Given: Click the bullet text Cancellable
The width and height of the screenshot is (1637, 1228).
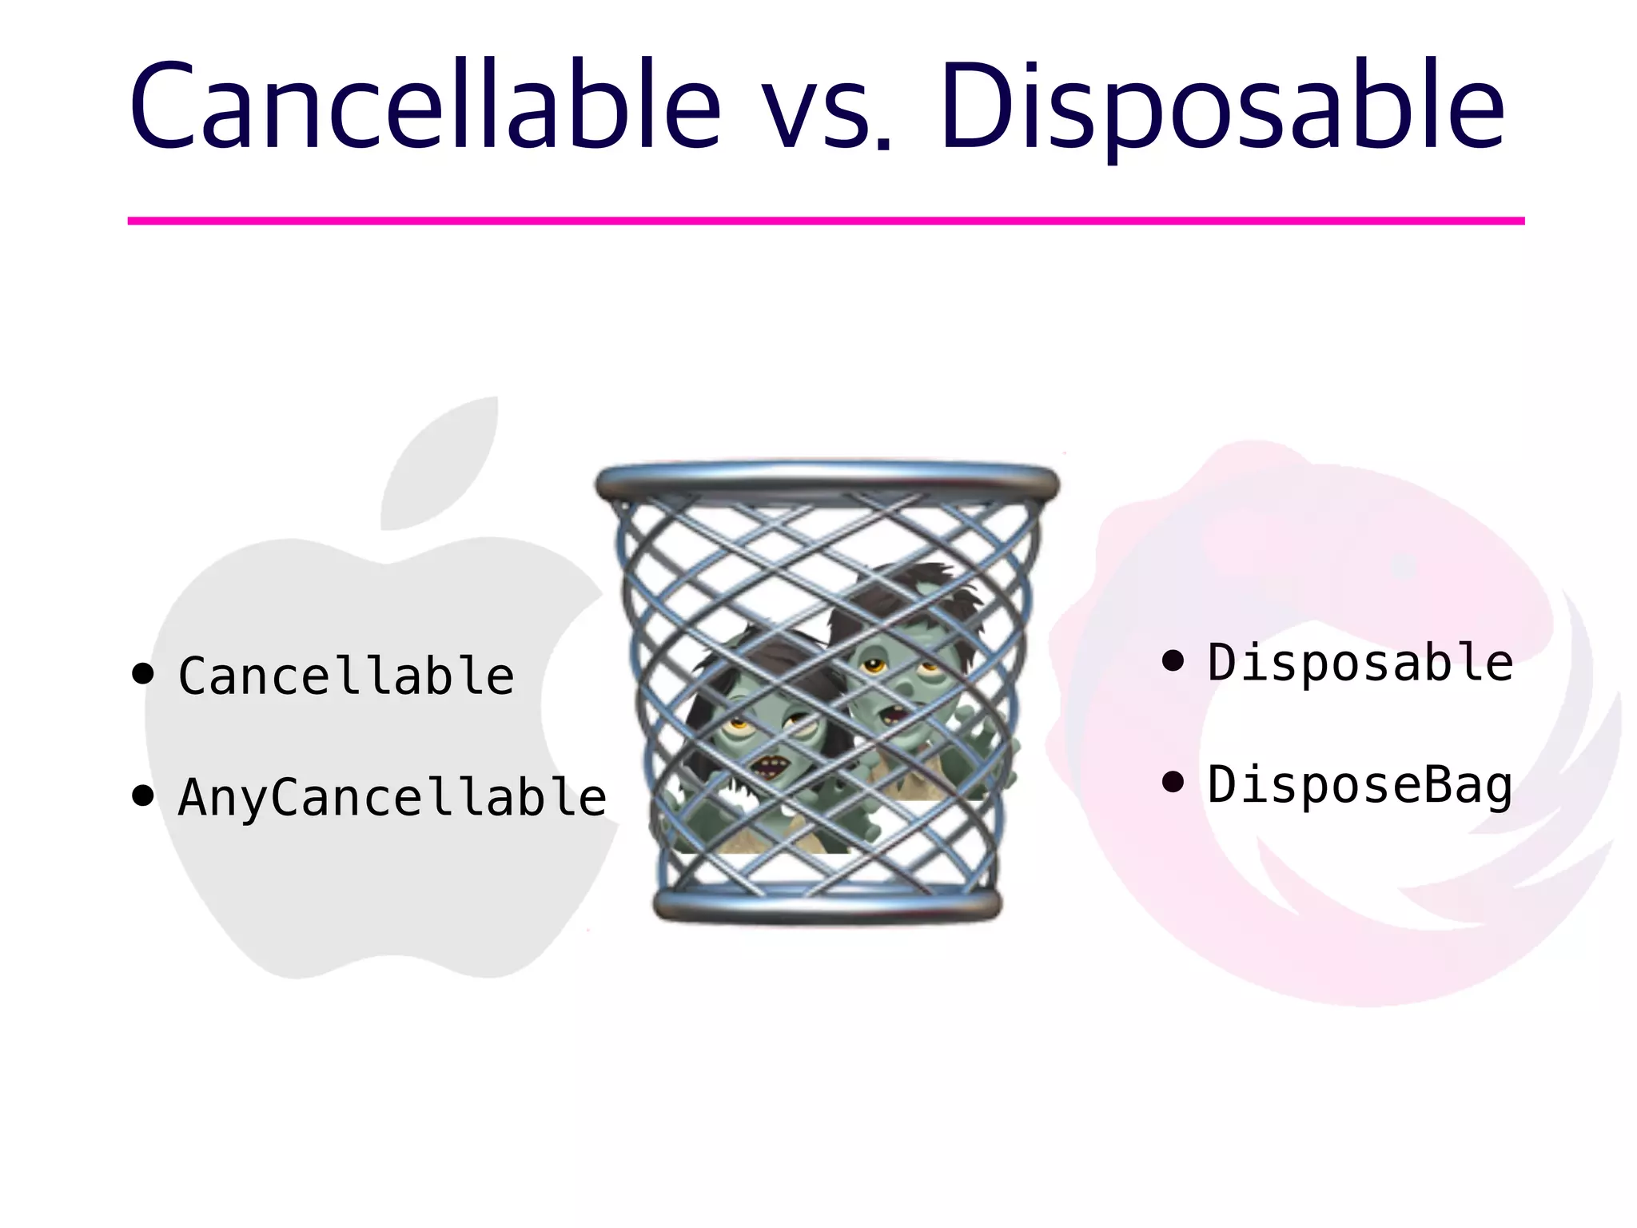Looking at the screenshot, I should coord(345,676).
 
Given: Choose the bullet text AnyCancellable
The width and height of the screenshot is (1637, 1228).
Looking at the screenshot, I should coord(392,797).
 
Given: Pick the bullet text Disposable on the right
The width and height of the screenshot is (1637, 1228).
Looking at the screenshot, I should coord(1359,663).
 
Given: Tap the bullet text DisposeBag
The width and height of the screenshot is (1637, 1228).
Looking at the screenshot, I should coord(1359,785).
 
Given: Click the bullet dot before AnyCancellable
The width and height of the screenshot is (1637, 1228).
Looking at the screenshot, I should coord(143,796).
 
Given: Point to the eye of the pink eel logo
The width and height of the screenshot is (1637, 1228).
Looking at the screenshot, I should coord(1403,567).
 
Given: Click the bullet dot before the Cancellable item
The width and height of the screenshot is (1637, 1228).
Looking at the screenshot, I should coord(143,674).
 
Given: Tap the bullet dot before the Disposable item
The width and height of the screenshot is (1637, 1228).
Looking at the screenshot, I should coord(1173,660).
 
